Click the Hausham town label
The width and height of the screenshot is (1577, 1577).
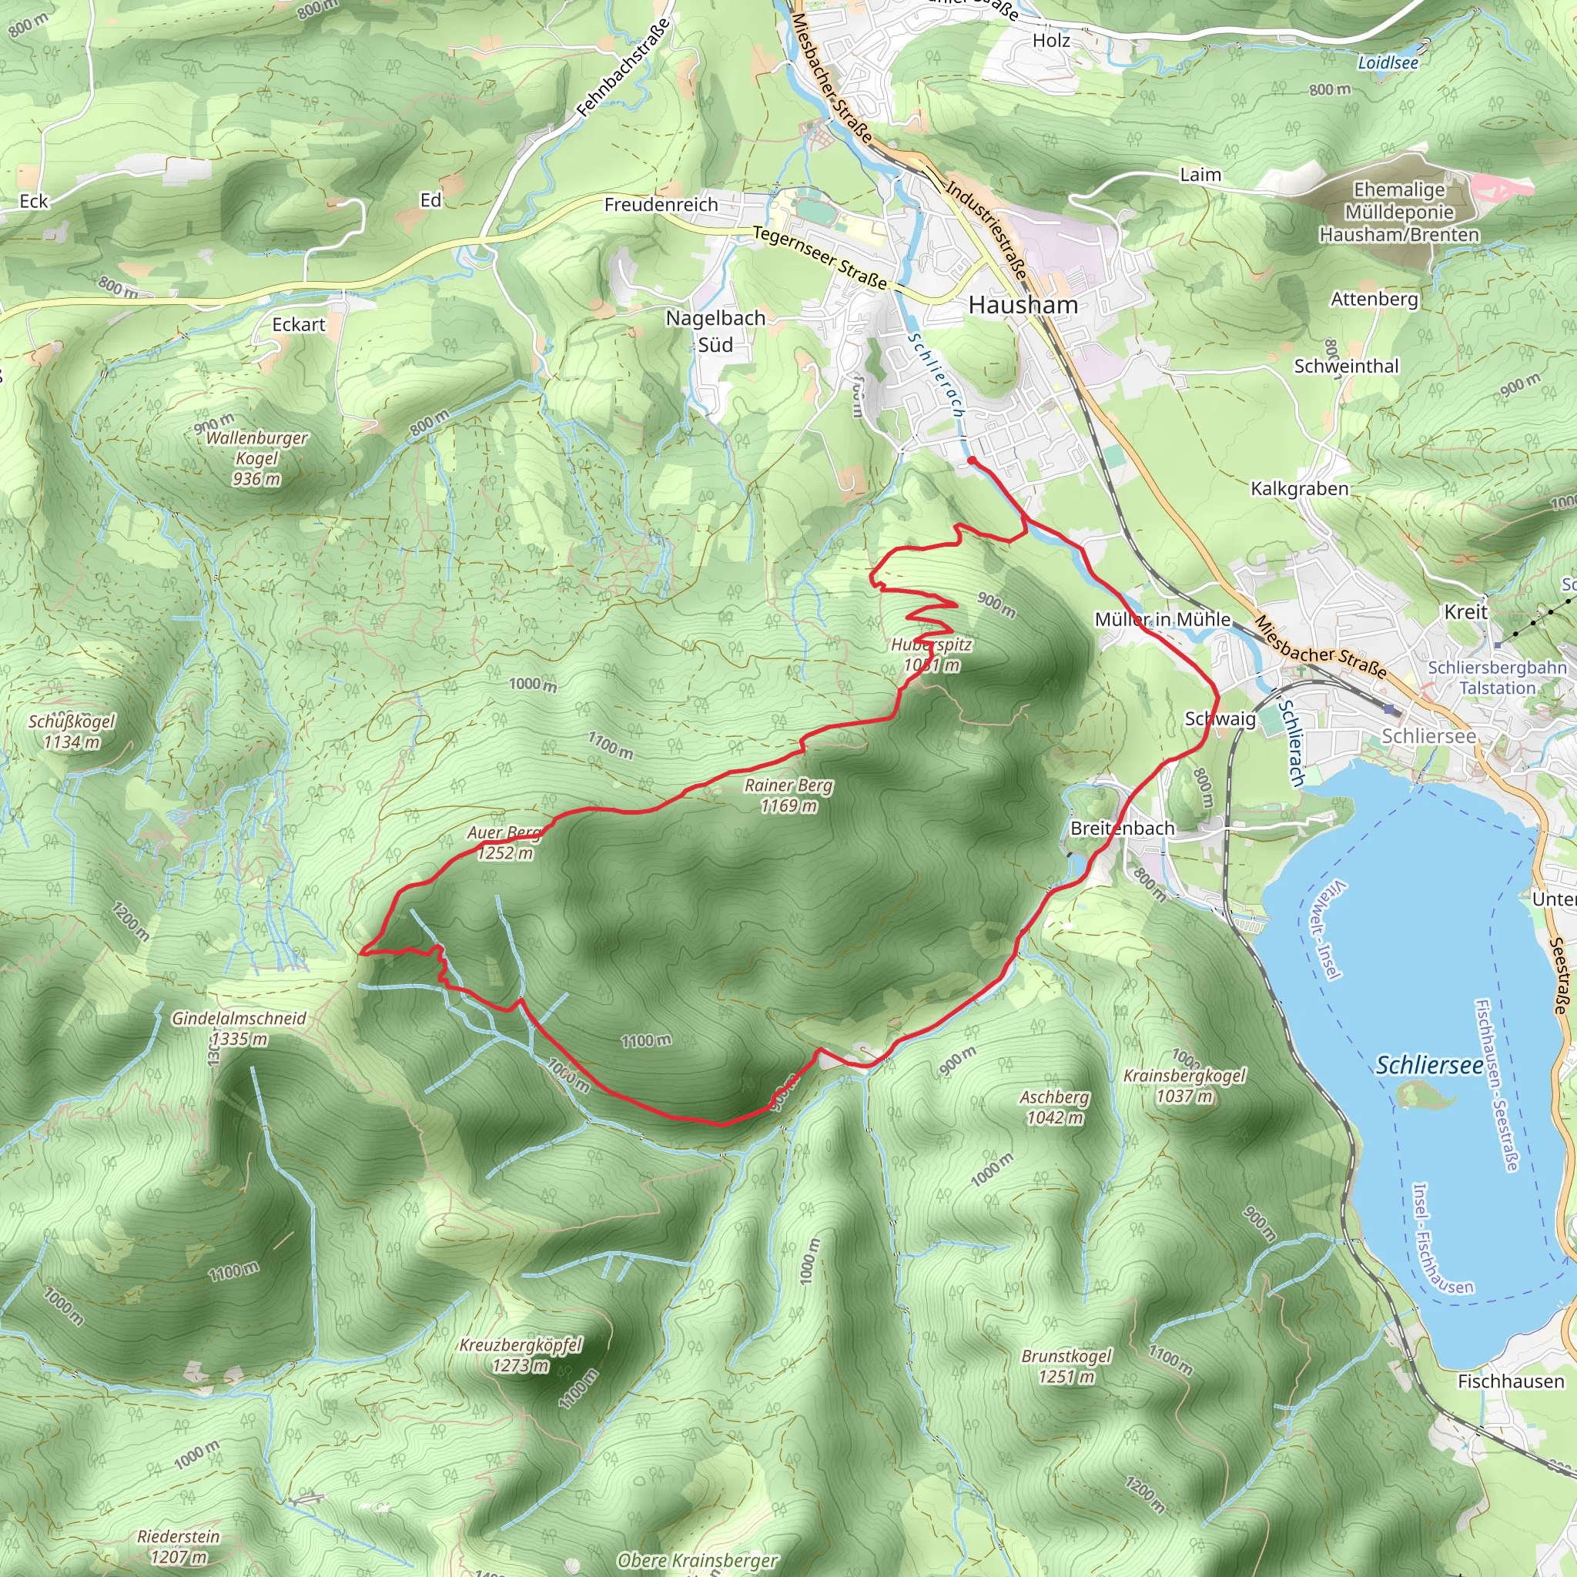point(1023,305)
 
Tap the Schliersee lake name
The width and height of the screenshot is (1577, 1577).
point(1429,1065)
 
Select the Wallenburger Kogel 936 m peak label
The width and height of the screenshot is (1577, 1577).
point(256,459)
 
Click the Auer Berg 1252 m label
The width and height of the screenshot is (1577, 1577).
point(504,843)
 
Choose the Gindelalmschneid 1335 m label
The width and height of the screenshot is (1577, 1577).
point(239,1029)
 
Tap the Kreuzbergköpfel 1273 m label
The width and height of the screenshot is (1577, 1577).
point(520,1355)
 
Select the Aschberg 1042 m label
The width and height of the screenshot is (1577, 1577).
point(1055,1107)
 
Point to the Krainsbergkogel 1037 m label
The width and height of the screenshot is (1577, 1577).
point(1184,1086)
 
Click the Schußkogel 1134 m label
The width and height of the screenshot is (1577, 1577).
point(72,732)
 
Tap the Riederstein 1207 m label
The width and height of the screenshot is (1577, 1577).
point(179,1546)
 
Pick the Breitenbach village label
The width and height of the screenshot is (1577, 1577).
point(1123,829)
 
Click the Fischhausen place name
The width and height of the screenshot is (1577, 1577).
point(1511,1382)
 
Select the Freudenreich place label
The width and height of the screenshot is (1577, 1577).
point(661,205)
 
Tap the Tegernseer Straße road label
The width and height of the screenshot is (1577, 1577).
point(819,258)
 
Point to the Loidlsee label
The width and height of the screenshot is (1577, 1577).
point(1388,63)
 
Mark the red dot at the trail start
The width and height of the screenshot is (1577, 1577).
point(971,461)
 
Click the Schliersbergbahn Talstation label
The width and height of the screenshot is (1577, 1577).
point(1497,678)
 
